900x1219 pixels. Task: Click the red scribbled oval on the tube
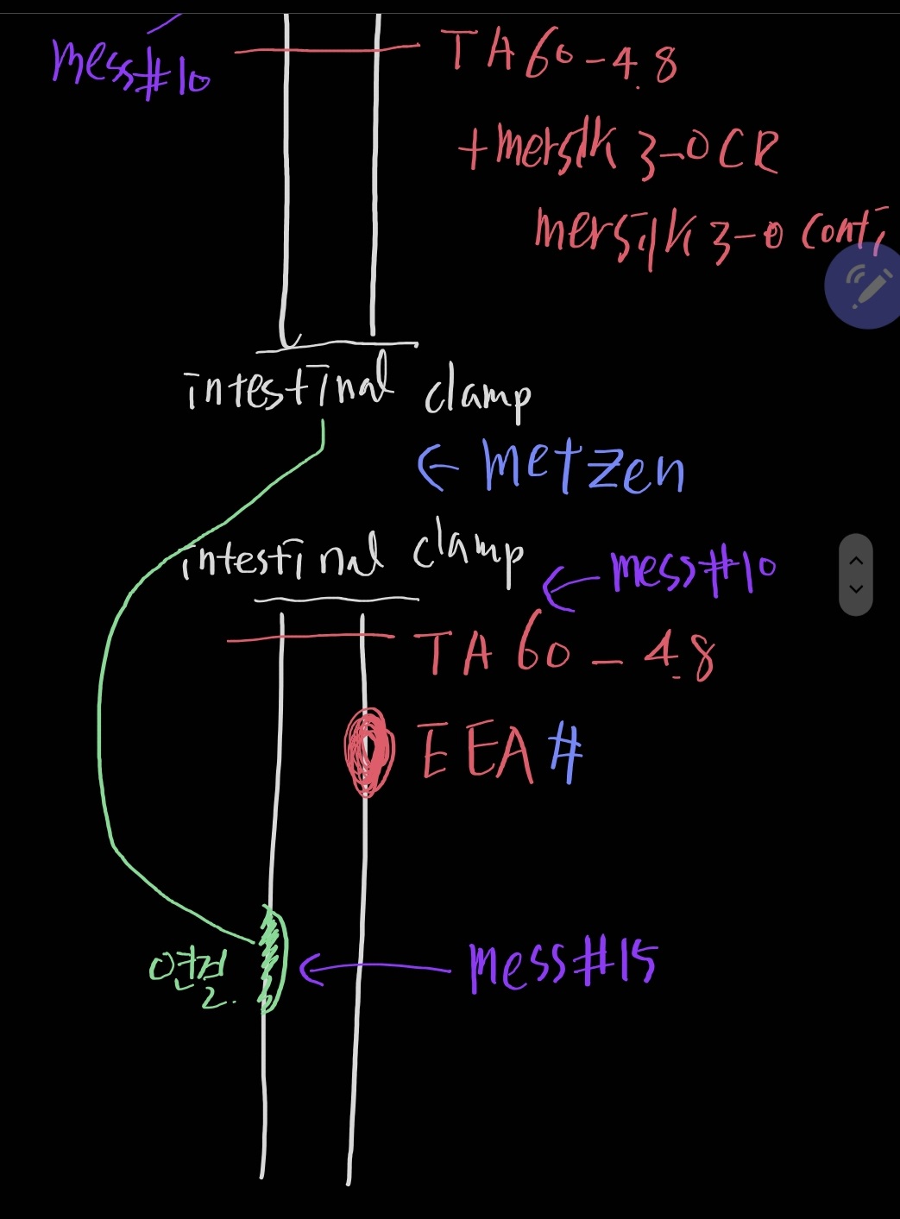369,751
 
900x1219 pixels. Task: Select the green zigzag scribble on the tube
271,958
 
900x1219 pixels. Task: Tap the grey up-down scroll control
856,575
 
